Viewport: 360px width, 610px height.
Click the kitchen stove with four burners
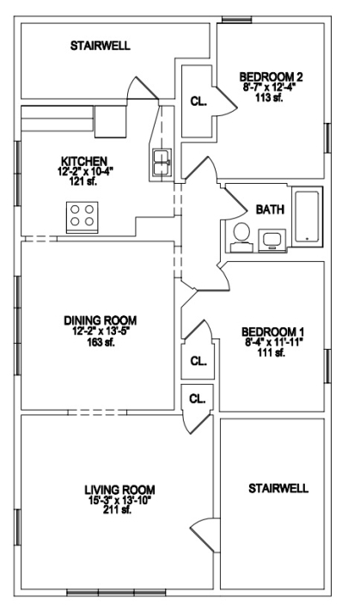82,217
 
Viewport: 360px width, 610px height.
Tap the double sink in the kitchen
162,162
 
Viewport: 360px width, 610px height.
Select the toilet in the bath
241,237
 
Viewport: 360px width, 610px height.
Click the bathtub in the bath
307,217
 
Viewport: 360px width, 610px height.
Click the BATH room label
270,210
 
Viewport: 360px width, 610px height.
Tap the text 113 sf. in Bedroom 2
269,98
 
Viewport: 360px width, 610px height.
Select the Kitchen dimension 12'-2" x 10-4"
83,171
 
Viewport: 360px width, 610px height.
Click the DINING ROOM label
100,320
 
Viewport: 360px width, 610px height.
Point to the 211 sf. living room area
117,510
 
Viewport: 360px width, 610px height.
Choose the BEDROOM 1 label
273,332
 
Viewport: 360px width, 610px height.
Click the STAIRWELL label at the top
100,46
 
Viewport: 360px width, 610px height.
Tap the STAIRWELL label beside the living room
278,488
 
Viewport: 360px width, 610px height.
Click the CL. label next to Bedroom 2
198,101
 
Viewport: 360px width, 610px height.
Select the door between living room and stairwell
203,534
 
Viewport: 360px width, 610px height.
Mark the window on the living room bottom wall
116,593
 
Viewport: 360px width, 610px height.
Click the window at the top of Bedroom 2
236,20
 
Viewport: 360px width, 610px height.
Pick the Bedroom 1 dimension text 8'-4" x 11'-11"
272,342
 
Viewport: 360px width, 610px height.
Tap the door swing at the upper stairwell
143,88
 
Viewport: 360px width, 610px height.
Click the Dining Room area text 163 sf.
100,342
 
